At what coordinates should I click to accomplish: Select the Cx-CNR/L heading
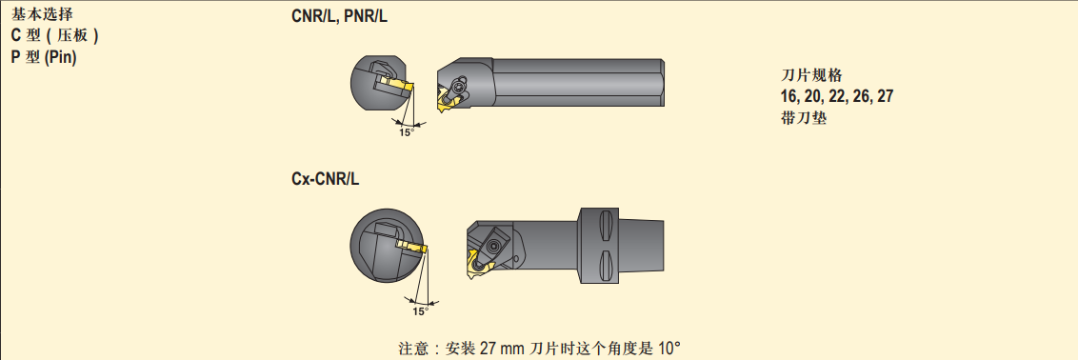325,180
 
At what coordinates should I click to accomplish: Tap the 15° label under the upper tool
407,132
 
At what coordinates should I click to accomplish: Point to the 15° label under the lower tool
420,311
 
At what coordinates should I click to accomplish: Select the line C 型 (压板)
54,36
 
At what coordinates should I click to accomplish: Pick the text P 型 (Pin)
43,58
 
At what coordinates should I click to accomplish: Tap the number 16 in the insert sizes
789,97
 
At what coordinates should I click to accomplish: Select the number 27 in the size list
886,97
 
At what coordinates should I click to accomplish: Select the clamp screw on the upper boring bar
457,87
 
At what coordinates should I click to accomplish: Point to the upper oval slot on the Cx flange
605,226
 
